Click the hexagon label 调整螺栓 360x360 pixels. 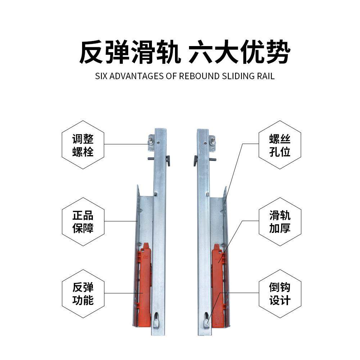pos(83,145)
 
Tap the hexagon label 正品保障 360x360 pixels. pos(83,222)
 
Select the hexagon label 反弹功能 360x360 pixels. pos(83,294)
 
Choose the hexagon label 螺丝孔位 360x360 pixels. pos(280,145)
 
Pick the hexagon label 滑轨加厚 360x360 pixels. pos(280,222)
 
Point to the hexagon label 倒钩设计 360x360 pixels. pos(280,294)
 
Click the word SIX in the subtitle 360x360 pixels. pos(101,76)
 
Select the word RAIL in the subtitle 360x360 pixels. pos(265,76)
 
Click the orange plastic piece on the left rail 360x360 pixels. pos(145,284)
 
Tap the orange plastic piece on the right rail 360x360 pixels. pos(218,284)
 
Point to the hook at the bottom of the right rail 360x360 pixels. pos(207,320)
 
